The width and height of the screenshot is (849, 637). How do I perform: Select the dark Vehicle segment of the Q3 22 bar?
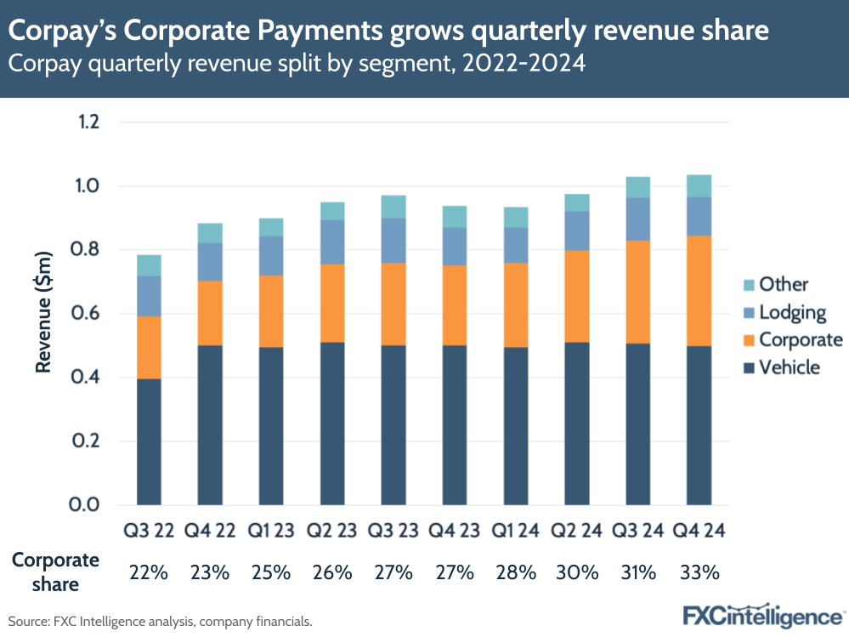tap(149, 441)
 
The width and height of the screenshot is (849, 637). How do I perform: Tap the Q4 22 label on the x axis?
tap(210, 532)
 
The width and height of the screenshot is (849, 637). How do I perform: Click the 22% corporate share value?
tap(149, 572)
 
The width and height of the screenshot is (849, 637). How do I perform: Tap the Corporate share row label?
tap(55, 572)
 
